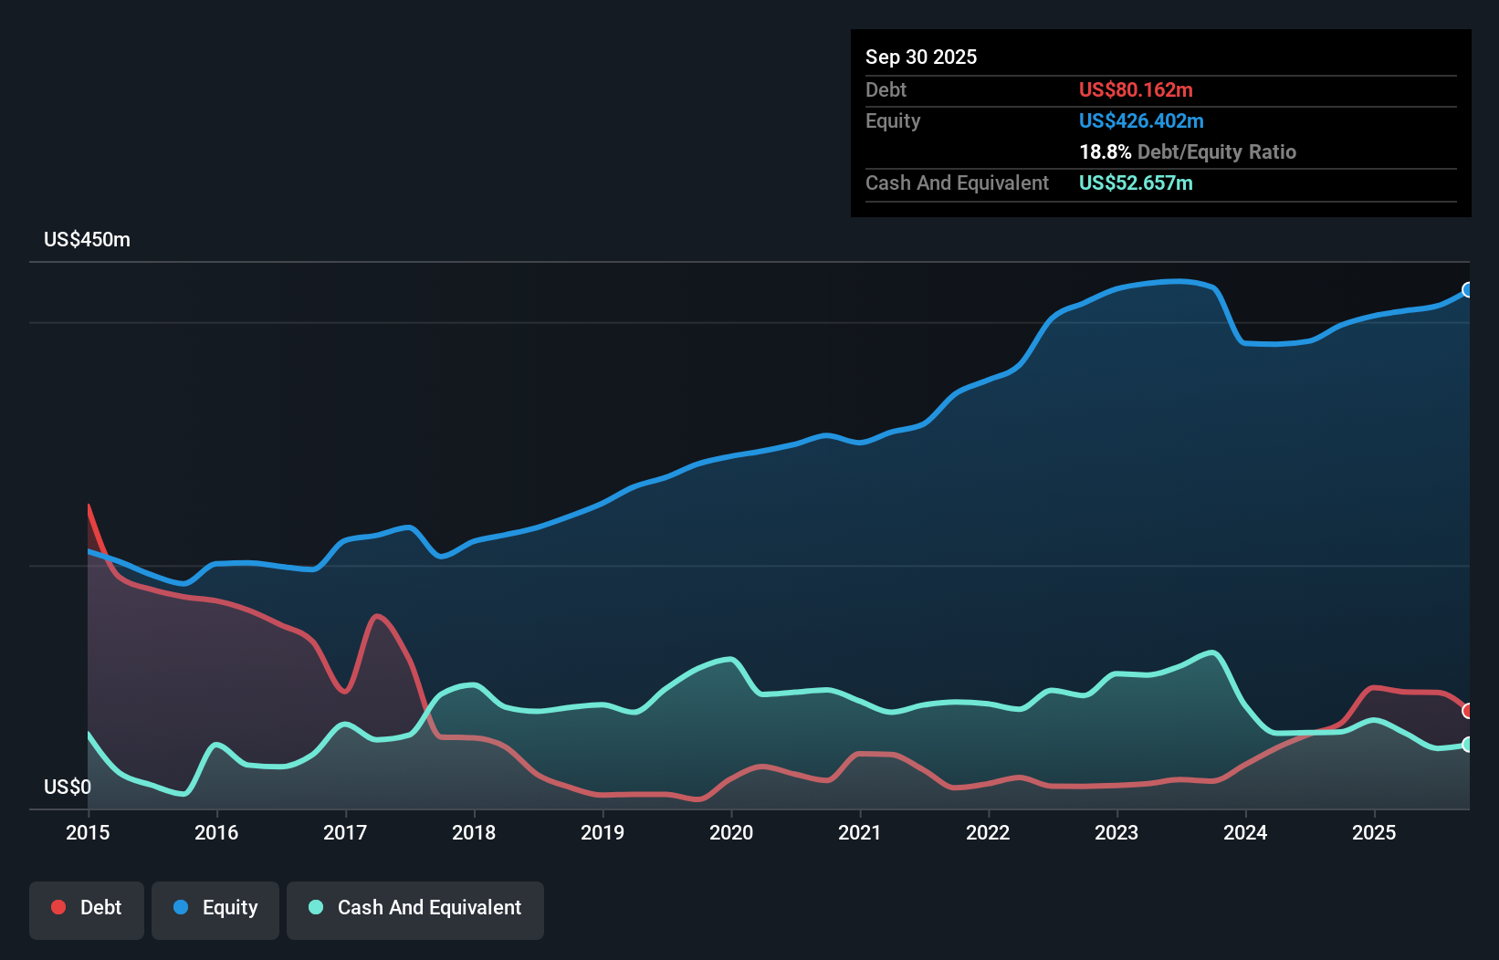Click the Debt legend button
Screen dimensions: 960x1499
click(x=87, y=908)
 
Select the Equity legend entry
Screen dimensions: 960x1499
click(x=215, y=908)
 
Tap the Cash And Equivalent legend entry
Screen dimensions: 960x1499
click(x=415, y=908)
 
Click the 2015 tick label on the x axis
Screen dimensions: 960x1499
click(x=88, y=832)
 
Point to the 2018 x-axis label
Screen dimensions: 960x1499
click(x=474, y=832)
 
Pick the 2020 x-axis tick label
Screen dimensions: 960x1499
click(x=731, y=832)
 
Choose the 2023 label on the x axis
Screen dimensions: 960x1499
click(x=1116, y=832)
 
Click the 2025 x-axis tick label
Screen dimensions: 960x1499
click(x=1374, y=832)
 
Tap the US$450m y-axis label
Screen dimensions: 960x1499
click(x=87, y=240)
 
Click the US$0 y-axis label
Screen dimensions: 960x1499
click(x=68, y=787)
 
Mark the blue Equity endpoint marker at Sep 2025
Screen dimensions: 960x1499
click(x=1468, y=290)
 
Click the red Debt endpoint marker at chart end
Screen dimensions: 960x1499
click(x=1468, y=711)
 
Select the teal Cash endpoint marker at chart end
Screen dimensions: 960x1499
click(x=1468, y=745)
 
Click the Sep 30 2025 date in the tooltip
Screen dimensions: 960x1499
click(x=921, y=57)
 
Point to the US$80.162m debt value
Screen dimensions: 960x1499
click(x=1136, y=89)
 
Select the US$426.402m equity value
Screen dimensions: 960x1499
click(x=1141, y=120)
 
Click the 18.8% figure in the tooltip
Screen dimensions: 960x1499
click(x=1105, y=151)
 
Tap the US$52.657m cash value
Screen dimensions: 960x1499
click(x=1136, y=183)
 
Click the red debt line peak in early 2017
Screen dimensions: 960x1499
click(x=377, y=616)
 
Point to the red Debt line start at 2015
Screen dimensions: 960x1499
click(x=89, y=506)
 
